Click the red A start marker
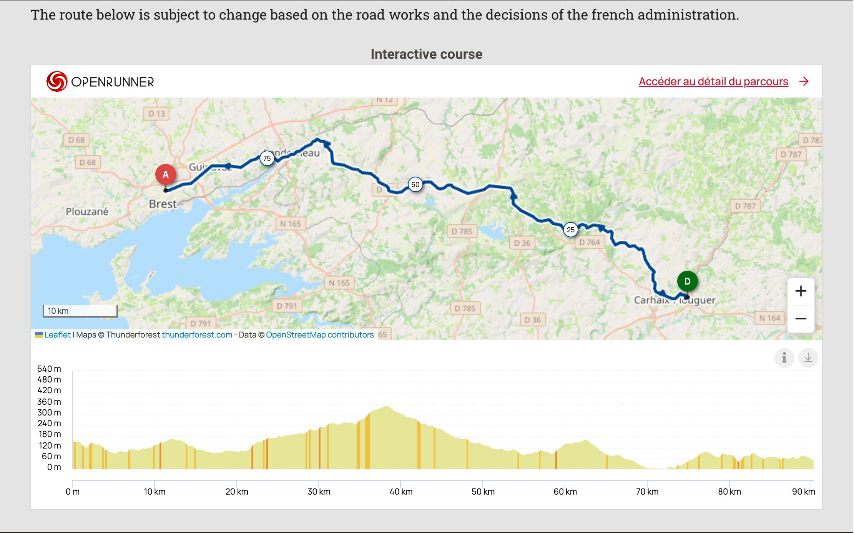[x=166, y=174]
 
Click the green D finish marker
[x=687, y=281]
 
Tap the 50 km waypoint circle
[x=415, y=184]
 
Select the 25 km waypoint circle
[x=571, y=230]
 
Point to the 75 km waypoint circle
[x=267, y=158]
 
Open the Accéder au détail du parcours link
[x=713, y=81]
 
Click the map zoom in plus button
[x=801, y=291]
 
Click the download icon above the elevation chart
[x=808, y=358]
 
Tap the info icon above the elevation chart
[x=784, y=358]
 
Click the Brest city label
[x=163, y=204]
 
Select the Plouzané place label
[x=87, y=212]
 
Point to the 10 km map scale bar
[x=80, y=311]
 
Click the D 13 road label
[x=157, y=114]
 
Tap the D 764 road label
[x=590, y=242]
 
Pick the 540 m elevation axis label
[x=49, y=369]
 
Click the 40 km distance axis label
[x=401, y=492]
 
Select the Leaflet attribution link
[x=57, y=335]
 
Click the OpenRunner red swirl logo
[x=57, y=81]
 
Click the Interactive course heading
[x=426, y=54]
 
